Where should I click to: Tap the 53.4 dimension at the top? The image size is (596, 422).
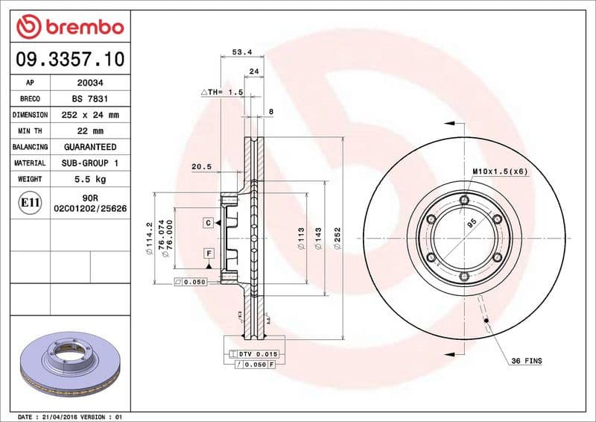(239, 52)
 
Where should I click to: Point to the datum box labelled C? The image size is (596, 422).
(209, 223)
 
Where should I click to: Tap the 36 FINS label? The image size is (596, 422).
(526, 361)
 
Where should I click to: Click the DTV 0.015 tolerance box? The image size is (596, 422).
(253, 353)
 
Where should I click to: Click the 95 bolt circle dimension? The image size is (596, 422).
(471, 222)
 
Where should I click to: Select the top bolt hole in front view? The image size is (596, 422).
(464, 200)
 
